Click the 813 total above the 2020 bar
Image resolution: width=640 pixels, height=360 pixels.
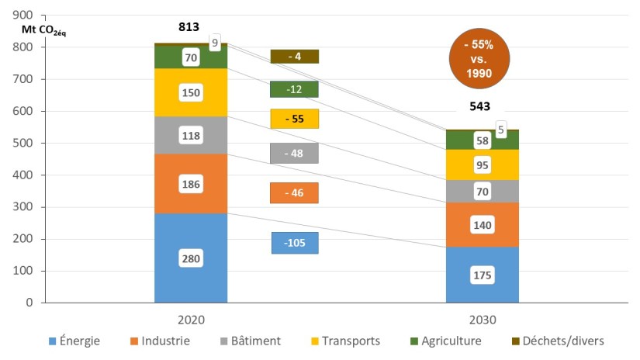(x=188, y=28)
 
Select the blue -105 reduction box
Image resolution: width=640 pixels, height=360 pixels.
(x=295, y=243)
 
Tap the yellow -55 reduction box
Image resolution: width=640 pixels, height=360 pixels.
(x=295, y=119)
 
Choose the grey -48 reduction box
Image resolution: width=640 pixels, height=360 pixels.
(x=295, y=153)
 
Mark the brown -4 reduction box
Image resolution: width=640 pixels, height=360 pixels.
(x=295, y=56)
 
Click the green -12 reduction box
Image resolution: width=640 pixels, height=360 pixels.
(x=295, y=89)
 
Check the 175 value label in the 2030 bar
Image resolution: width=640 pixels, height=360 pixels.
(x=482, y=275)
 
